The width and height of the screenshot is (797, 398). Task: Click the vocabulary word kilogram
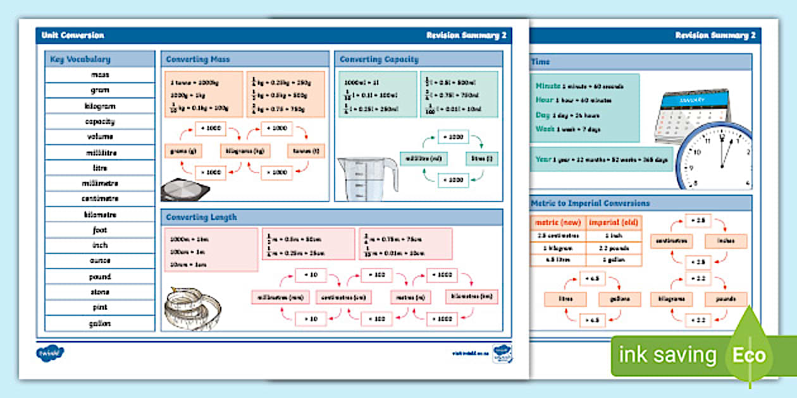tap(100, 106)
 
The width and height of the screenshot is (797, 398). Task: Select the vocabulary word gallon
tap(100, 323)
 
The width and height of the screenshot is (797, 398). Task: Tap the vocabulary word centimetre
tap(100, 198)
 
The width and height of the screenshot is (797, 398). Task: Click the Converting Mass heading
tap(198, 59)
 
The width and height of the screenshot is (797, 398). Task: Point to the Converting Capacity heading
tap(379, 59)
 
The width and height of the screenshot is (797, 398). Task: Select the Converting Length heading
tap(201, 217)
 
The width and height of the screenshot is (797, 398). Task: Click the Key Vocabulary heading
tap(80, 59)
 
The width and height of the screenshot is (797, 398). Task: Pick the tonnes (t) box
tap(306, 151)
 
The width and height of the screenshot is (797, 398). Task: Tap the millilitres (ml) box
tap(423, 158)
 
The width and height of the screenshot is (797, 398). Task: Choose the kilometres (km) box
tap(471, 296)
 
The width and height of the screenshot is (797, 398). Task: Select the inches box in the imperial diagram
tap(726, 241)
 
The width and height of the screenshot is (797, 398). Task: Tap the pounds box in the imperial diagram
tap(726, 299)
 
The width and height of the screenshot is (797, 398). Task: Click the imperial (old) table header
tap(614, 222)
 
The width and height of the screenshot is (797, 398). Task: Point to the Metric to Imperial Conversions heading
tap(590, 203)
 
